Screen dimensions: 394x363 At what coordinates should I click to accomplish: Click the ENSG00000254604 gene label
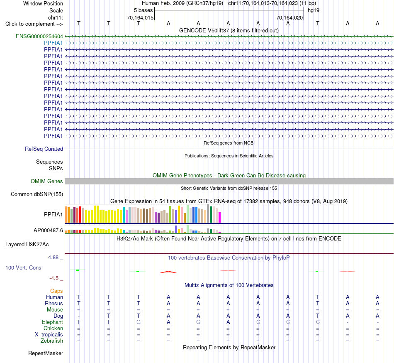pyautogui.click(x=39, y=37)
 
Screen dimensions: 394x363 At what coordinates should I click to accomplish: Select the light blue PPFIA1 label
pyautogui.click(x=53, y=43)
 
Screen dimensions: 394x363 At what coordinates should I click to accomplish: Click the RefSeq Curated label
pyautogui.click(x=44, y=149)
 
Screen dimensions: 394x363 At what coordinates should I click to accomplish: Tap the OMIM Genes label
pyautogui.click(x=47, y=181)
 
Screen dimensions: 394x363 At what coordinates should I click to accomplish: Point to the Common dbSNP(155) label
pyautogui.click(x=37, y=194)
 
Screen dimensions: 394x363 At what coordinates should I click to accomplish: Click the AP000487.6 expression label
pyautogui.click(x=48, y=231)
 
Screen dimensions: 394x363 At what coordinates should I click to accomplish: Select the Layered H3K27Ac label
pyautogui.click(x=27, y=245)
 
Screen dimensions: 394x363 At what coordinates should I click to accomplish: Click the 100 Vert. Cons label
pyautogui.click(x=23, y=267)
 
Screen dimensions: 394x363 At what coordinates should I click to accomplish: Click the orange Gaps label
pyautogui.click(x=56, y=291)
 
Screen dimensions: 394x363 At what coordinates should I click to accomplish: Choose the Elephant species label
pyautogui.click(x=53, y=322)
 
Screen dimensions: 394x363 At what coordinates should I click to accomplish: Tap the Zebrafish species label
pyautogui.click(x=52, y=341)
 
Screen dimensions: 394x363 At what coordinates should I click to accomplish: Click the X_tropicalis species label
pyautogui.click(x=49, y=335)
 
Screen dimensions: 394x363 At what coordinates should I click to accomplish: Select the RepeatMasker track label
pyautogui.click(x=46, y=353)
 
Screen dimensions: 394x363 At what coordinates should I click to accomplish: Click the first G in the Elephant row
pyautogui.click(x=139, y=322)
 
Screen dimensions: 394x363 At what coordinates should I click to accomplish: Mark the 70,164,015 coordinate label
pyautogui.click(x=140, y=17)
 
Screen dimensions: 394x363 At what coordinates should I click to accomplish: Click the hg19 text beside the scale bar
pyautogui.click(x=314, y=10)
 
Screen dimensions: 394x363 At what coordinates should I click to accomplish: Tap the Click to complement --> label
pyautogui.click(x=34, y=24)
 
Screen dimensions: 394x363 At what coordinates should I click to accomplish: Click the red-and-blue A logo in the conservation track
pyautogui.click(x=169, y=272)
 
